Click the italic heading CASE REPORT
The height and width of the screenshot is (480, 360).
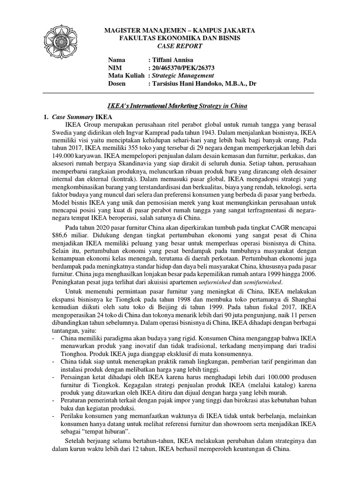180,46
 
